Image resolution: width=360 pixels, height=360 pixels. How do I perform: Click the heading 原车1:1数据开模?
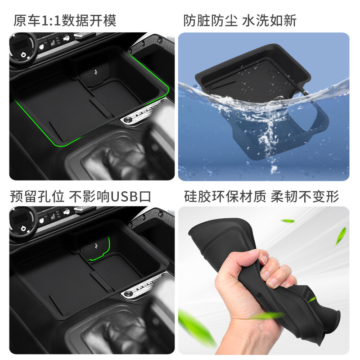point(65,21)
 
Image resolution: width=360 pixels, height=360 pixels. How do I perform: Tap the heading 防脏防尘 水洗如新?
point(240,21)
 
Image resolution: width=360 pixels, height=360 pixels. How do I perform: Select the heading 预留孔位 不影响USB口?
point(81,197)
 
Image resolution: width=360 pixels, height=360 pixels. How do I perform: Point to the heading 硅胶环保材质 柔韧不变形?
point(261,197)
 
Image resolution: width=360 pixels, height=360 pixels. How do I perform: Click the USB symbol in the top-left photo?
point(96,72)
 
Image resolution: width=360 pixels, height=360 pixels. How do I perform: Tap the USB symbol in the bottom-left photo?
point(96,247)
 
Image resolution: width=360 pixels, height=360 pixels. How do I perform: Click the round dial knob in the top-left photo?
point(21,48)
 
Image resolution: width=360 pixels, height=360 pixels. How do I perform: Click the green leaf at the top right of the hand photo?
point(341,236)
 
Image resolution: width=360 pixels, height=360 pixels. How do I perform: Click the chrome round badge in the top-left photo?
point(127,120)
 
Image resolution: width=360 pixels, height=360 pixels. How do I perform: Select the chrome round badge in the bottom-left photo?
point(127,294)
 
